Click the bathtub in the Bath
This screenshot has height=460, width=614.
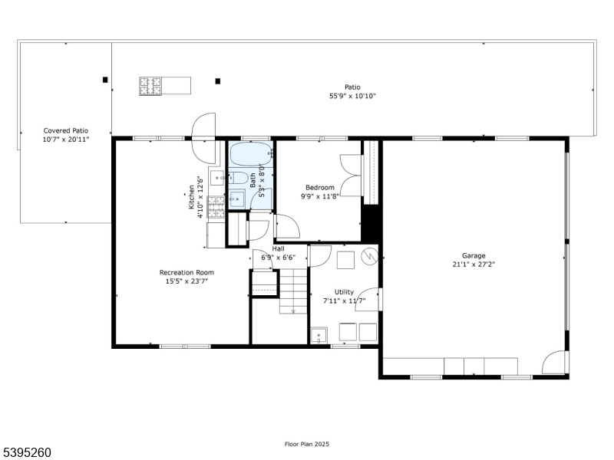tap(251, 154)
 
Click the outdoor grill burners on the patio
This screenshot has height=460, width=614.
tap(150, 86)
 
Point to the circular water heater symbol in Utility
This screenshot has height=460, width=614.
tap(369, 256)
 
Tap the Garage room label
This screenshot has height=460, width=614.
tap(474, 256)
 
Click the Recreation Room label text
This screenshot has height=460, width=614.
tap(187, 272)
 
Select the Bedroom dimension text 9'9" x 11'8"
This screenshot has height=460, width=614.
tap(320, 197)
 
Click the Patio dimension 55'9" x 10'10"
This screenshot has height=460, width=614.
tap(352, 97)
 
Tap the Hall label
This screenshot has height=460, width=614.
tap(279, 249)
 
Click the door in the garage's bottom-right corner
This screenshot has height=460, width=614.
tap(554, 363)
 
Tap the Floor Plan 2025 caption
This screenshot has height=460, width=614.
tap(306, 444)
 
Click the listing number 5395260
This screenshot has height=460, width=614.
tap(27, 453)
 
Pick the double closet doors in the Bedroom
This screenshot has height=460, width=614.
tap(352, 176)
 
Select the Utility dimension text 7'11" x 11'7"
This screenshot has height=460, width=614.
tap(344, 301)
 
